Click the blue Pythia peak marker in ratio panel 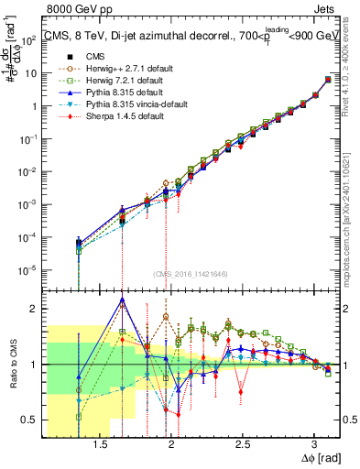(x=122, y=300)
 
